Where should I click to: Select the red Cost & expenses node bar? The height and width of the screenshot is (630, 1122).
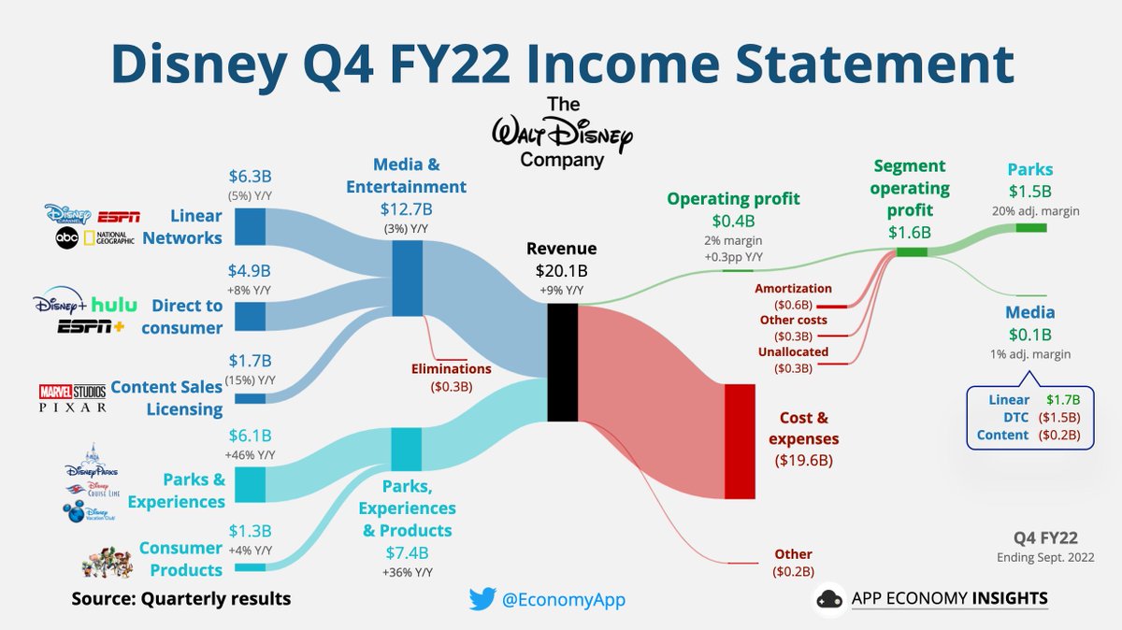(x=739, y=441)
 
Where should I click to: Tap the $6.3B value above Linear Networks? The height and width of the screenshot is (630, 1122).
(x=251, y=176)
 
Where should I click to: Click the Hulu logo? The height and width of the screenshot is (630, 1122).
(x=115, y=305)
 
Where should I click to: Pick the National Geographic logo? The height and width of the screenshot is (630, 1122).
(x=110, y=237)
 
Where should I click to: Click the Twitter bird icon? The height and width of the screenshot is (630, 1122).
(x=482, y=598)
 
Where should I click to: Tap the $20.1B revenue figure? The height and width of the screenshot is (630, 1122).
(x=561, y=270)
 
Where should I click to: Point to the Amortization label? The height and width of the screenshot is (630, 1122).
(x=793, y=289)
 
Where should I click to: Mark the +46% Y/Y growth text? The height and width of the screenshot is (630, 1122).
(x=250, y=455)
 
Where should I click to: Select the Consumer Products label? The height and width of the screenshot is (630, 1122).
(x=180, y=558)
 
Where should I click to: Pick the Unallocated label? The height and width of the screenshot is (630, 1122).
(x=792, y=352)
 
